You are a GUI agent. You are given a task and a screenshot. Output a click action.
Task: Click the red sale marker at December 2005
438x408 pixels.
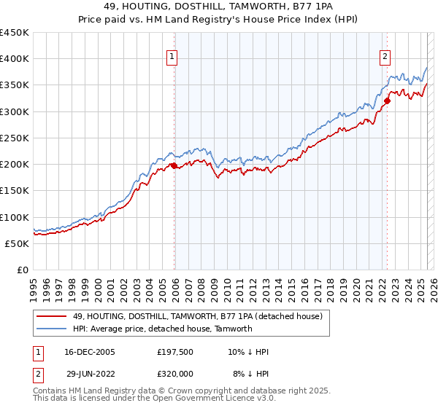click(x=174, y=166)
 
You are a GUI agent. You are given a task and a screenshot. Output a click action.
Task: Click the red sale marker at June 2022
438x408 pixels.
click(x=387, y=101)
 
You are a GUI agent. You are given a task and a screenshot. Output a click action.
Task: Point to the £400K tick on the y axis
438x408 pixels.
click(x=15, y=59)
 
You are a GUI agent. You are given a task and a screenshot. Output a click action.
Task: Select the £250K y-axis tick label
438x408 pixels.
click(x=15, y=138)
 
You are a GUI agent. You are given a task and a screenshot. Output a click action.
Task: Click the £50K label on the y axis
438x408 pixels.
click(x=18, y=243)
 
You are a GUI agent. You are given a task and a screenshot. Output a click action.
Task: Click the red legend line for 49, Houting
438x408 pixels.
click(x=51, y=316)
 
